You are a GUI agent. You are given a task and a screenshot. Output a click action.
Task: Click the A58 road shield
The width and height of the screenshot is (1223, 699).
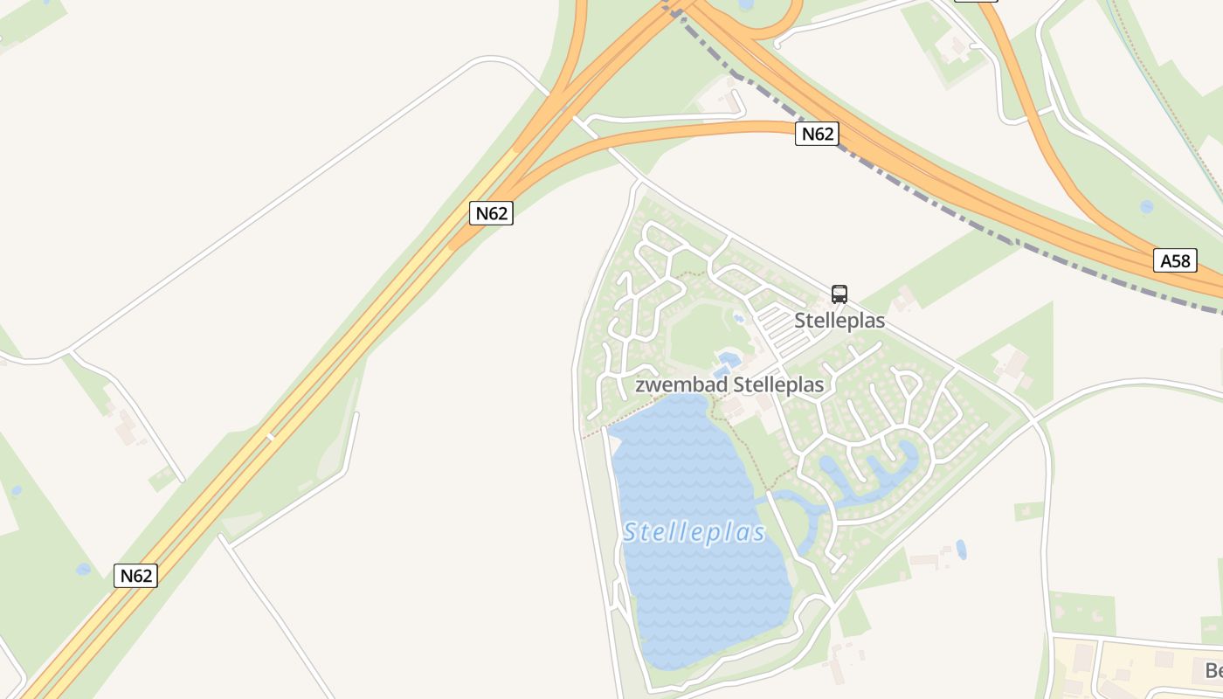tap(1175, 260)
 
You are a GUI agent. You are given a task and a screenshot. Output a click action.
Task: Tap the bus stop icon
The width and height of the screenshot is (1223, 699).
tap(840, 294)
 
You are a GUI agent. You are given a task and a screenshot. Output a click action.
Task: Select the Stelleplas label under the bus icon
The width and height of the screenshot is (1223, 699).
tap(840, 321)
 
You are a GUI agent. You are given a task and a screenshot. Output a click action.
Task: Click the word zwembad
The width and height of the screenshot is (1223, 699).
tap(681, 384)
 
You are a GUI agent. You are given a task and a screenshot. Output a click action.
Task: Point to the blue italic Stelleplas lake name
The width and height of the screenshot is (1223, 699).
tap(694, 532)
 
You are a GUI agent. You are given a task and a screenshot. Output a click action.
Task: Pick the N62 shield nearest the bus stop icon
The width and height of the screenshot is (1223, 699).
tap(817, 134)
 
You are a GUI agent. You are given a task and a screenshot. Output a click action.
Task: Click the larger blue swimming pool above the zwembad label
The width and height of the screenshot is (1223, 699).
tap(727, 358)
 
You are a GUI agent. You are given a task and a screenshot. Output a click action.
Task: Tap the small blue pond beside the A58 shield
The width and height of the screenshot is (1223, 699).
tap(1146, 207)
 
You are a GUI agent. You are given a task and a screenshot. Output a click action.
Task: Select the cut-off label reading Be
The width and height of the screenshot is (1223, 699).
tap(1213, 670)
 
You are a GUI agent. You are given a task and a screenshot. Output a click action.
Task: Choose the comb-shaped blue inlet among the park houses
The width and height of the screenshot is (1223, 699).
tap(874, 476)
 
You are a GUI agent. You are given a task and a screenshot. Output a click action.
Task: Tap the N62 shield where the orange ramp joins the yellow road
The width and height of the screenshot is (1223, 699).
tap(491, 213)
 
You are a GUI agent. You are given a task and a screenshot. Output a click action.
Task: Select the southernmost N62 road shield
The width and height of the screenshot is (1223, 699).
tap(135, 576)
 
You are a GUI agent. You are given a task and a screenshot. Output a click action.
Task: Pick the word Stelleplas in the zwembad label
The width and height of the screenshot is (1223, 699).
tap(778, 384)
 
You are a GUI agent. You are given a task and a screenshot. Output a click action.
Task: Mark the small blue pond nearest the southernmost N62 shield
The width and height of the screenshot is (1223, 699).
tap(83, 570)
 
